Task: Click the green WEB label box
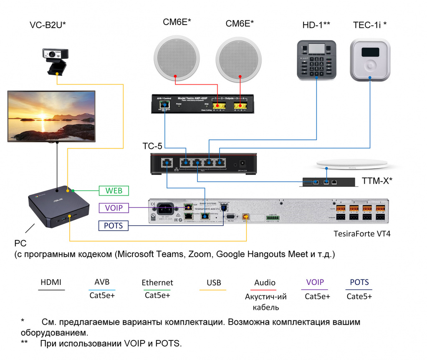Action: (x=114, y=191)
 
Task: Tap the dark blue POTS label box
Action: (x=114, y=226)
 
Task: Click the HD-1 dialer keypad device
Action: (x=316, y=60)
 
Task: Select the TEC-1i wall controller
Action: (x=370, y=60)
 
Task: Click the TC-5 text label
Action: (x=152, y=146)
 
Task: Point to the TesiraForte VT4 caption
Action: (x=362, y=234)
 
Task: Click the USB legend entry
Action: (x=214, y=283)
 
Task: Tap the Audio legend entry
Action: (x=265, y=283)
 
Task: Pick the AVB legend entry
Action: (x=102, y=282)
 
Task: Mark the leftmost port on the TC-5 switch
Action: (x=167, y=163)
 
